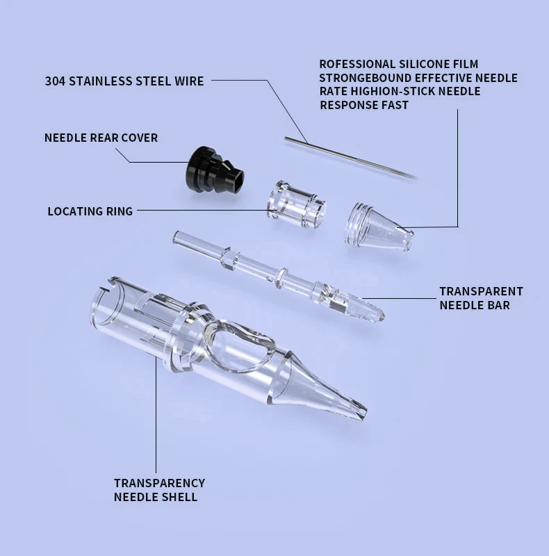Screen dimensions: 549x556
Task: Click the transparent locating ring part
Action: click(x=297, y=204)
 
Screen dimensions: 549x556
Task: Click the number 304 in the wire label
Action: click(x=56, y=81)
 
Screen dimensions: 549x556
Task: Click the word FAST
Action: click(x=394, y=105)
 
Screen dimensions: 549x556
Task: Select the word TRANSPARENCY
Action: click(x=159, y=483)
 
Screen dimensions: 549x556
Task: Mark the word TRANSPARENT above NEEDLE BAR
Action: click(x=481, y=291)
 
